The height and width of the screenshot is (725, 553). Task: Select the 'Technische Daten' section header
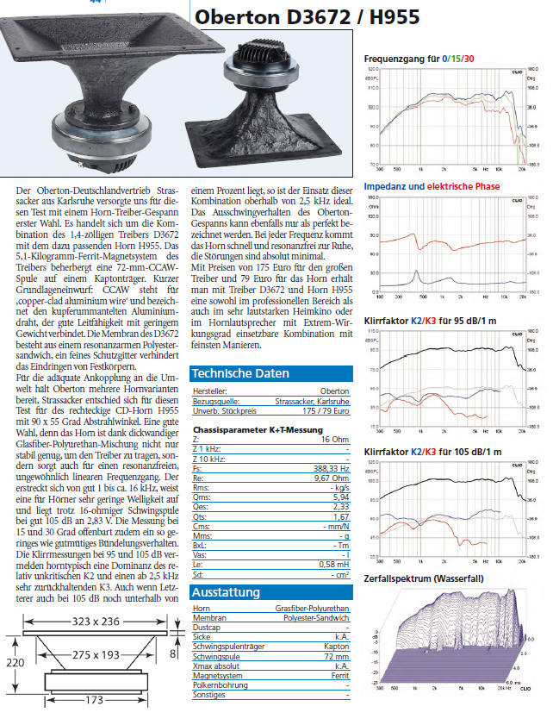(240, 374)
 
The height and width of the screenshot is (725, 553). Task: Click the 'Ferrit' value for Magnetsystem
(340, 675)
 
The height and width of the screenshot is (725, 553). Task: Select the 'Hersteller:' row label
(211, 391)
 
